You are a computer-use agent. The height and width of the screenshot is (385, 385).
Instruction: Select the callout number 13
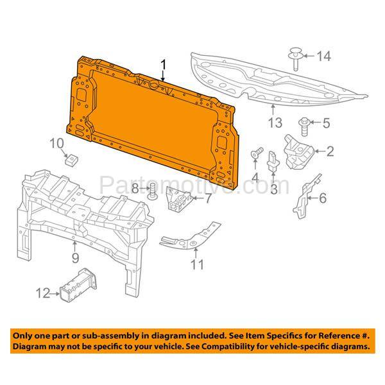tap(275, 121)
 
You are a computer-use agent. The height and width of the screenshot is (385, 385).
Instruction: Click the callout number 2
tap(330, 151)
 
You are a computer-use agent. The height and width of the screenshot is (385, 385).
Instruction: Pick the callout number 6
tap(323, 198)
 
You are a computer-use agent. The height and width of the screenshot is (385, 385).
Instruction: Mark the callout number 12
tap(42, 294)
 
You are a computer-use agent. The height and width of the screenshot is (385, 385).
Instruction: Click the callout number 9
tap(75, 258)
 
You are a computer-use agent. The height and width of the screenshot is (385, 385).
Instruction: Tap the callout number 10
tap(56, 142)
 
